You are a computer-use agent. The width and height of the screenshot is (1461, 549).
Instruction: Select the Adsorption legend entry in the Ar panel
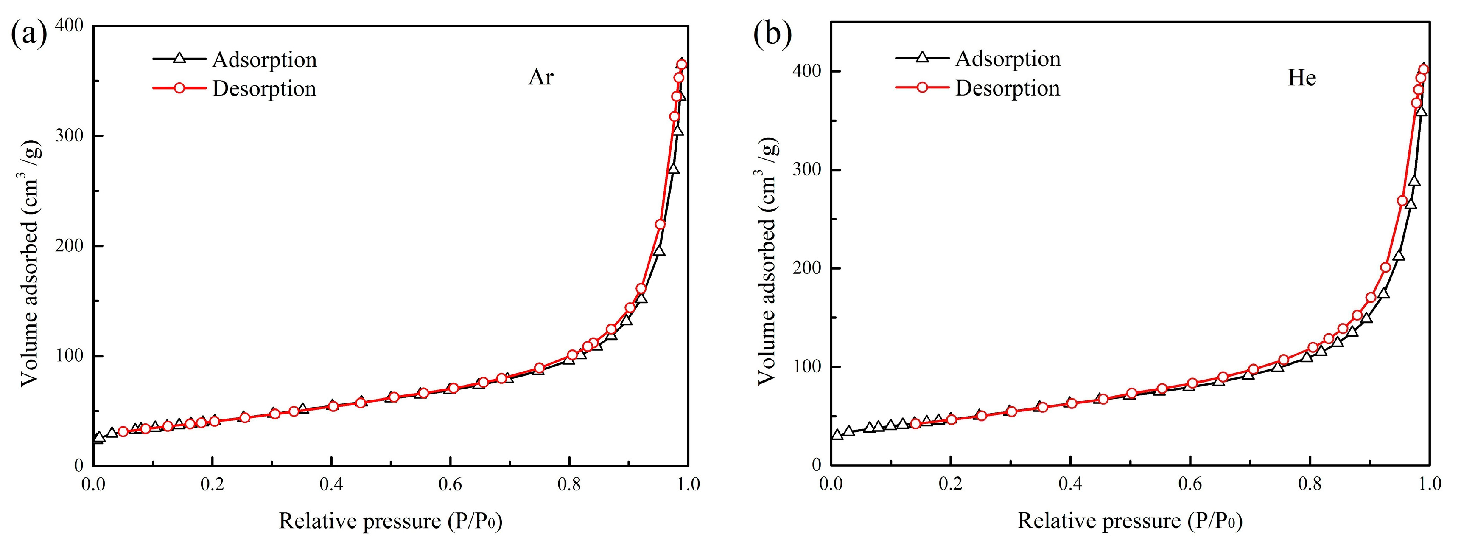coord(264,59)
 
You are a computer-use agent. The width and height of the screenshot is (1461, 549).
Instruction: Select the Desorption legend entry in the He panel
coord(1007,89)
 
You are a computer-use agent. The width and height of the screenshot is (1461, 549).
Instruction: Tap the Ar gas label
coord(540,77)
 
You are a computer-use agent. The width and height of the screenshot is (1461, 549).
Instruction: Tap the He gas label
coord(1301,78)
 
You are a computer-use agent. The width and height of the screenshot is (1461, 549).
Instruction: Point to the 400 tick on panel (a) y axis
coord(70,25)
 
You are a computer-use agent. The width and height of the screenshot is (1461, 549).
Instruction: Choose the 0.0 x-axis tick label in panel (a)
coord(94,484)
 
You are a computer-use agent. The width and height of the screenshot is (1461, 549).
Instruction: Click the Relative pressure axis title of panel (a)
coord(391,521)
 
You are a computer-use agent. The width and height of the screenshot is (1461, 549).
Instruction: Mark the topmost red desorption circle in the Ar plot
coord(682,65)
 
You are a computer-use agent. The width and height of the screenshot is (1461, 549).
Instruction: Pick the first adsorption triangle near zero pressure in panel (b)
coord(837,435)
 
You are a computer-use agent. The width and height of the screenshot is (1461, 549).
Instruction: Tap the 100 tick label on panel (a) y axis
coord(70,356)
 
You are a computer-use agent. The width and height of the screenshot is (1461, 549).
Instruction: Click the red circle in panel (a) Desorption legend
coord(179,89)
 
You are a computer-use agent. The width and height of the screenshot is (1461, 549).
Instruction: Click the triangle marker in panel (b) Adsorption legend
coord(922,57)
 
